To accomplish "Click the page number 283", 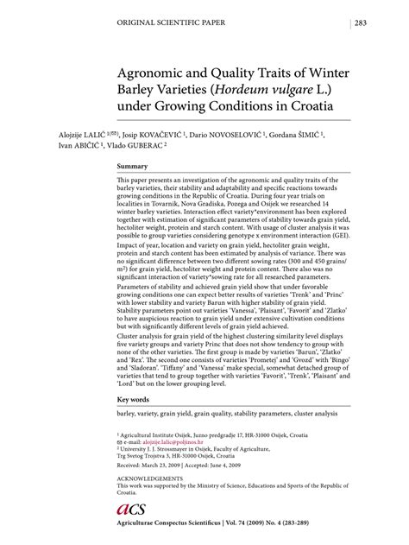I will [362, 23].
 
